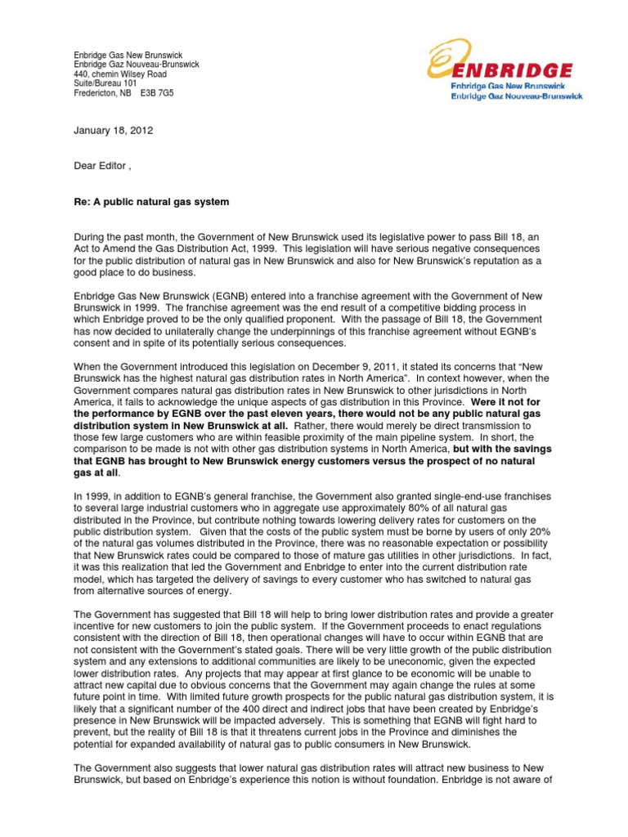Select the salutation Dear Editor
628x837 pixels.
(x=101, y=166)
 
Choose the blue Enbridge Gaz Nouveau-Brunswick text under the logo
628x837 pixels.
(x=517, y=96)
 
